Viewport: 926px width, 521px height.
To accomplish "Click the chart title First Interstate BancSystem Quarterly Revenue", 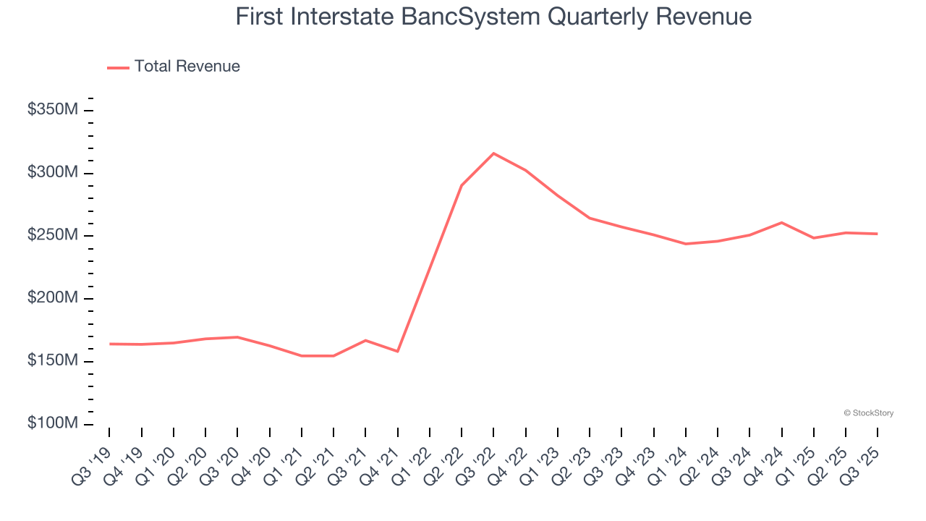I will [x=493, y=16].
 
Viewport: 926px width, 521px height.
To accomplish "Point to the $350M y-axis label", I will [x=53, y=110].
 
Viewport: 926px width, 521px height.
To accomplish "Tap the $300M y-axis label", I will [x=53, y=173].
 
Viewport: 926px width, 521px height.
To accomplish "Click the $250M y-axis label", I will [x=53, y=236].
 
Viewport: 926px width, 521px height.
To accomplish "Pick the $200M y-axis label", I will [x=53, y=298].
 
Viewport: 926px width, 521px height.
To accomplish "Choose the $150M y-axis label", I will [x=53, y=361].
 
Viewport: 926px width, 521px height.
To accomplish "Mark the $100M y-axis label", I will [x=53, y=423].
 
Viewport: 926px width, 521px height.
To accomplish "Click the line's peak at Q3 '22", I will [x=493, y=153].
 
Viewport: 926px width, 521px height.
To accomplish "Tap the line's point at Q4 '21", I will [x=397, y=352].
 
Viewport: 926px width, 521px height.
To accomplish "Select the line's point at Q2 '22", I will [x=462, y=185].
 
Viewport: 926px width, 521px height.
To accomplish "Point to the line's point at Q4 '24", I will [x=781, y=222].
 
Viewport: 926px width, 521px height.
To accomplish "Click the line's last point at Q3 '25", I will [x=877, y=234].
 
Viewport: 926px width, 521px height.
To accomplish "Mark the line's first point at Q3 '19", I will [x=110, y=344].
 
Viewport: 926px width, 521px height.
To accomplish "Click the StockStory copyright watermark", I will [x=868, y=413].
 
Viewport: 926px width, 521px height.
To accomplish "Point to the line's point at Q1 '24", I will [x=685, y=244].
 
